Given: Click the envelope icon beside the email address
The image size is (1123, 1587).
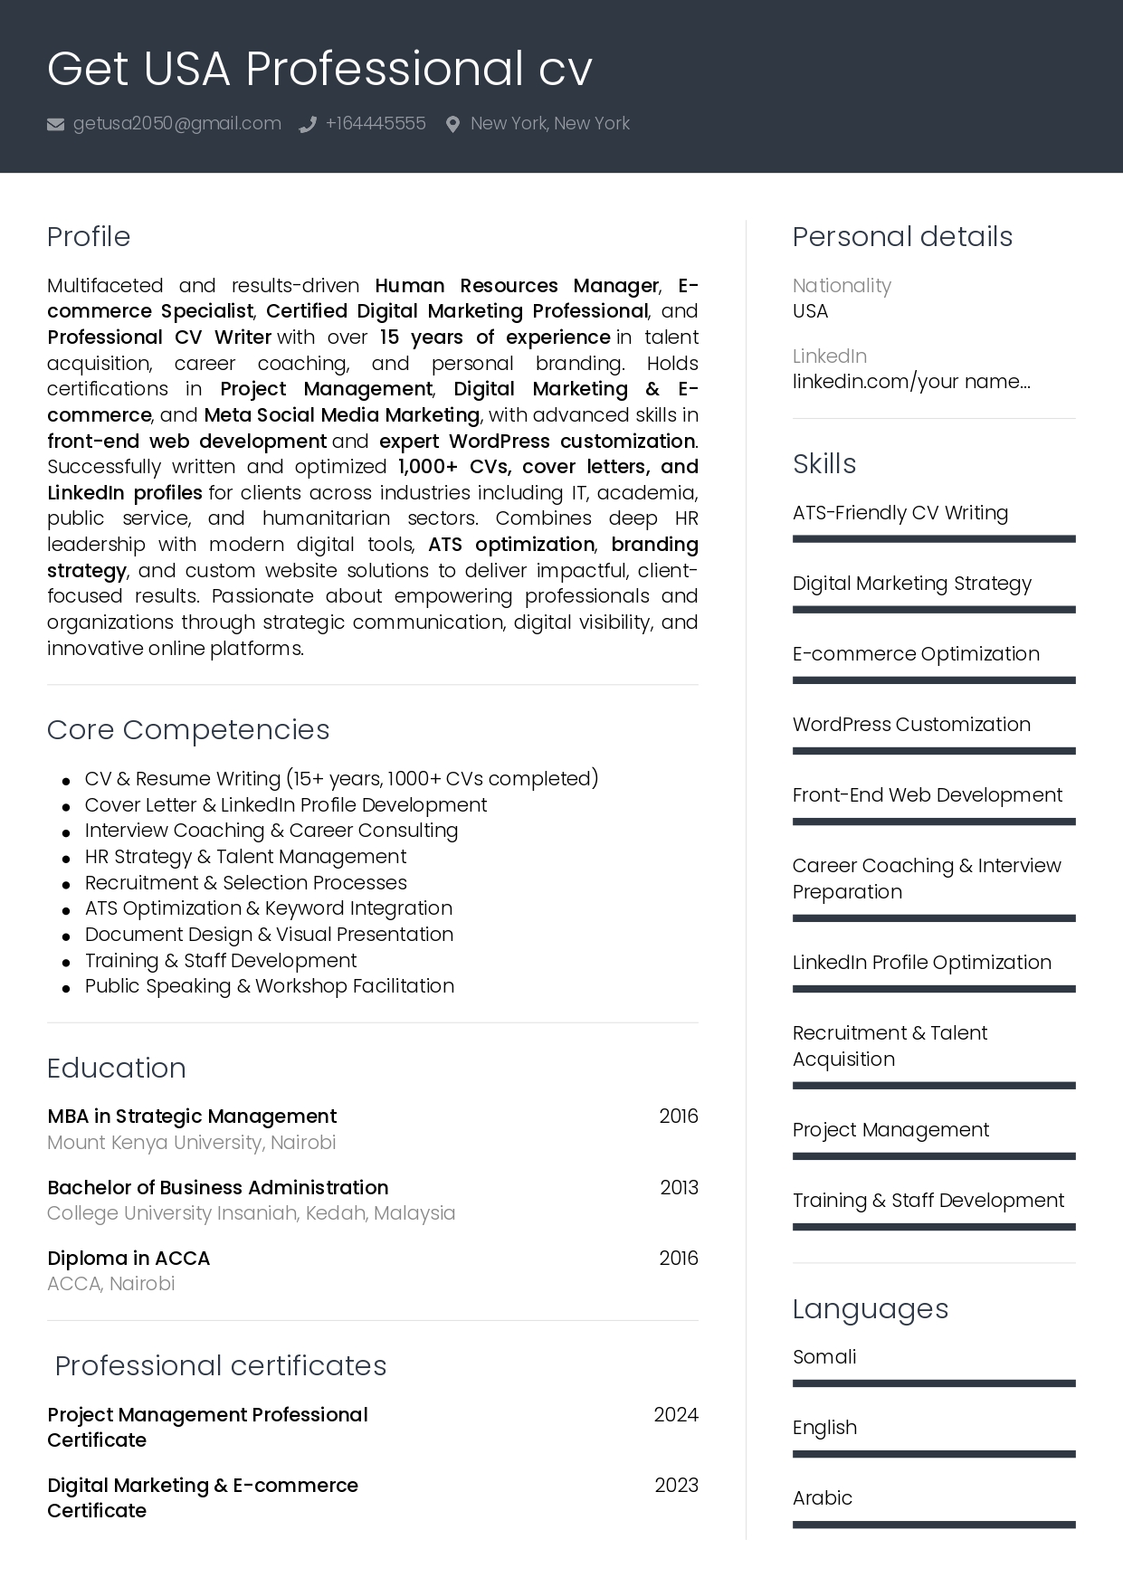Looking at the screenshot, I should pos(55,125).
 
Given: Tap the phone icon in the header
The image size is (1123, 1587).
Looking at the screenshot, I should pos(308,125).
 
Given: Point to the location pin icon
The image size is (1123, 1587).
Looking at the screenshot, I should pos(452,125).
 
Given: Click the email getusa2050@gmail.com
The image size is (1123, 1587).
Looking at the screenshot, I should pos(176,124).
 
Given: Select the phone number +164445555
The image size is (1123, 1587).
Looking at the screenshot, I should pos(376,124).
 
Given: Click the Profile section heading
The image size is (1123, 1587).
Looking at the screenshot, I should pos(89,237).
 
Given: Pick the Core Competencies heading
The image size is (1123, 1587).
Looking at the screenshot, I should pos(188,730).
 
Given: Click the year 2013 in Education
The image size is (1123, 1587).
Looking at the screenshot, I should pos(679,1188).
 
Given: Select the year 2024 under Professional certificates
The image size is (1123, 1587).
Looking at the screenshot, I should pos(676,1415).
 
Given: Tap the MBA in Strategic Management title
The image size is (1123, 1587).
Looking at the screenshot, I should pos(192,1117).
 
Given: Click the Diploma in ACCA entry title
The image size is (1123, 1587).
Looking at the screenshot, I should pos(128,1259).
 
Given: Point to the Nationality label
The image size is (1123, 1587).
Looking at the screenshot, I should pos(842,286).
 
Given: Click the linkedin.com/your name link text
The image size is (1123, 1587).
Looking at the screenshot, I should pos(911,382).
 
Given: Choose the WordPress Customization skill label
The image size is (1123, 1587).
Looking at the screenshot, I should pos(911,725).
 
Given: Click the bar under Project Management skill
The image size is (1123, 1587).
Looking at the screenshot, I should pos(934,1156).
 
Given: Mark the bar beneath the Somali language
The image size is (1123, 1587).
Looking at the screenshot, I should pos(934,1383).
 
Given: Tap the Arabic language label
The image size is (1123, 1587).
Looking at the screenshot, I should pos(823,1498).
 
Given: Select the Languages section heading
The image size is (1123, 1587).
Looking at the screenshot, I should pos(871,1309).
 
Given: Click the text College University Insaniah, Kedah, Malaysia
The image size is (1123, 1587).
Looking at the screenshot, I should pos(252,1213).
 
